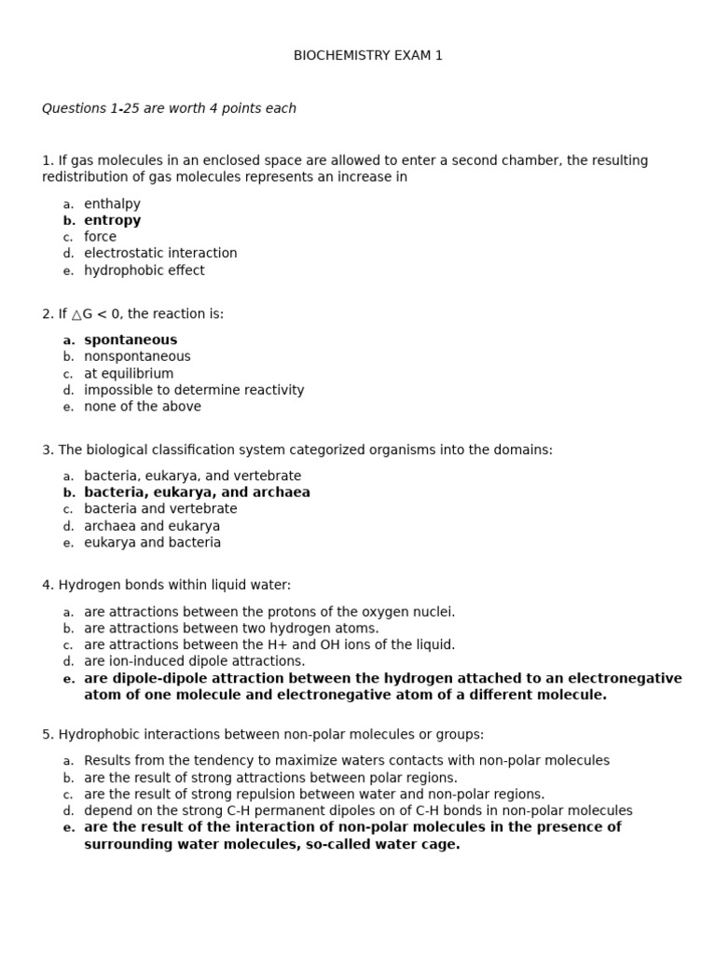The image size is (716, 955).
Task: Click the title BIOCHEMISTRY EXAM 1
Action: click(x=368, y=56)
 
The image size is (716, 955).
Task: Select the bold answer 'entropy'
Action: click(x=113, y=221)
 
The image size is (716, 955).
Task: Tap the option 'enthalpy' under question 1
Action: click(x=112, y=204)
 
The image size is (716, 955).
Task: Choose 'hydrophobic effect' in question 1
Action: click(x=145, y=270)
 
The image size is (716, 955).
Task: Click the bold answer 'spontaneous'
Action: click(x=131, y=340)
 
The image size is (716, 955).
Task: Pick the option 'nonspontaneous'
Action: click(x=137, y=356)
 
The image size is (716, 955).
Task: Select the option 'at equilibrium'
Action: click(x=129, y=374)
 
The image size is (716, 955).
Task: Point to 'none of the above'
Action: click(x=143, y=407)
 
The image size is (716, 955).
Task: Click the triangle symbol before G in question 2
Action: click(x=77, y=314)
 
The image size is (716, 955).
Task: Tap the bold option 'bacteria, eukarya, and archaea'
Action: click(x=198, y=492)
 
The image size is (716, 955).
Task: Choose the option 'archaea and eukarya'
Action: click(x=152, y=526)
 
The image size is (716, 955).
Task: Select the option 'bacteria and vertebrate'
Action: click(x=160, y=509)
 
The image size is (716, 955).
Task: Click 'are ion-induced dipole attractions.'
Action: click(x=194, y=661)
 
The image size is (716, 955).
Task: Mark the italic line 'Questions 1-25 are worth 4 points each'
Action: click(x=169, y=109)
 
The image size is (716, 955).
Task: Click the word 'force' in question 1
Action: click(x=101, y=237)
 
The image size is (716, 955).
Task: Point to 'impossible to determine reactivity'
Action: click(x=194, y=391)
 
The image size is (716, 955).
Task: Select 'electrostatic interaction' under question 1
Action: click(x=160, y=254)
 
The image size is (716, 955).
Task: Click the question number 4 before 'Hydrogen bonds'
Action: click(x=47, y=586)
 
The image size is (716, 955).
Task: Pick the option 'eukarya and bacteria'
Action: click(x=153, y=543)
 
